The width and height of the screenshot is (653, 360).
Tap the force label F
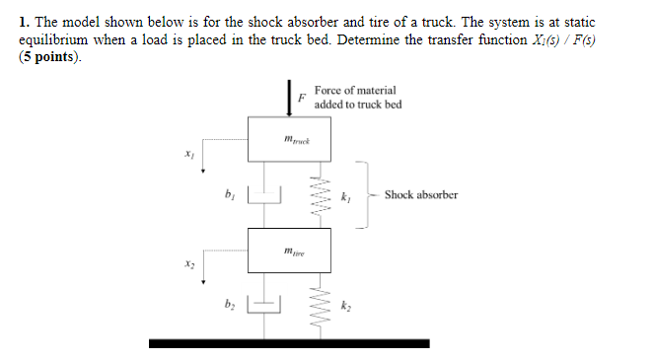tap(303, 98)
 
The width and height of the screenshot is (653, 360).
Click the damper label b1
tap(229, 193)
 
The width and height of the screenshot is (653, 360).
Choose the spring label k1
tap(345, 196)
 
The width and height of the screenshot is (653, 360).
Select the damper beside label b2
tap(263, 305)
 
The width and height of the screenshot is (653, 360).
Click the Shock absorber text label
tap(421, 194)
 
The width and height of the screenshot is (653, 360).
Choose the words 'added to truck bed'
tap(358, 105)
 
